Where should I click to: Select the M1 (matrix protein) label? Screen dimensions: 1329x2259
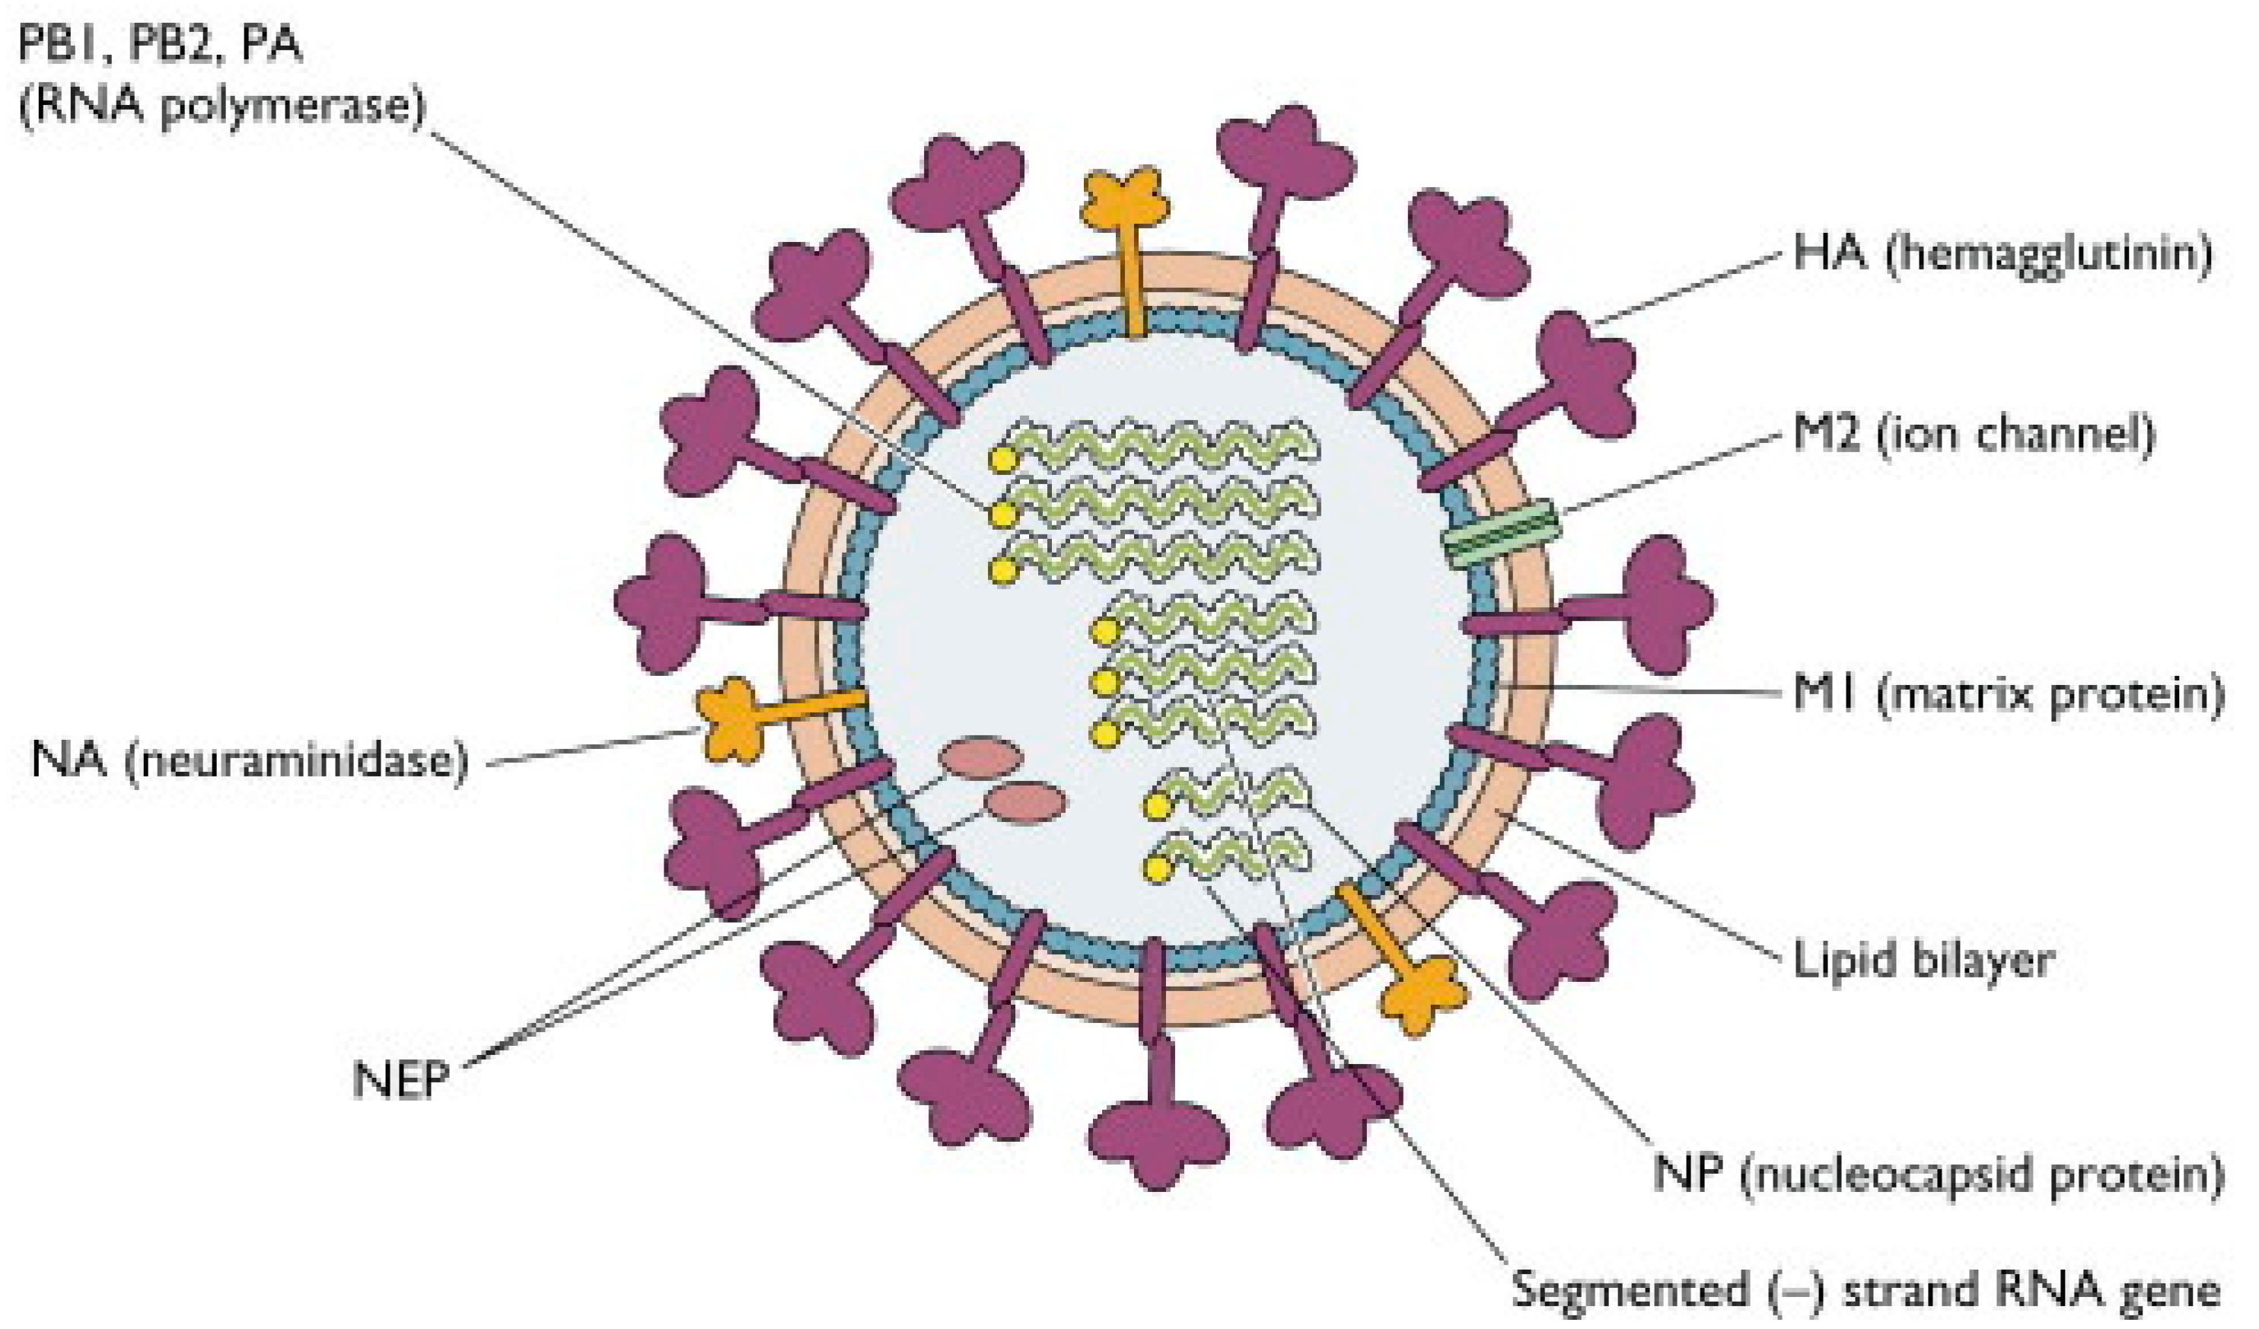coord(2009,695)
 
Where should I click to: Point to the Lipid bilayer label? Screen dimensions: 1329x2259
coord(1923,961)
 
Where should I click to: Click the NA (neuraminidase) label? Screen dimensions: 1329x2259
coord(249,760)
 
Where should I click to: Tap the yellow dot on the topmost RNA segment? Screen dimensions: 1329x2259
coord(1002,460)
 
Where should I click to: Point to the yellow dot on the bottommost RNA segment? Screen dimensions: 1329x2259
coord(1158,868)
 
